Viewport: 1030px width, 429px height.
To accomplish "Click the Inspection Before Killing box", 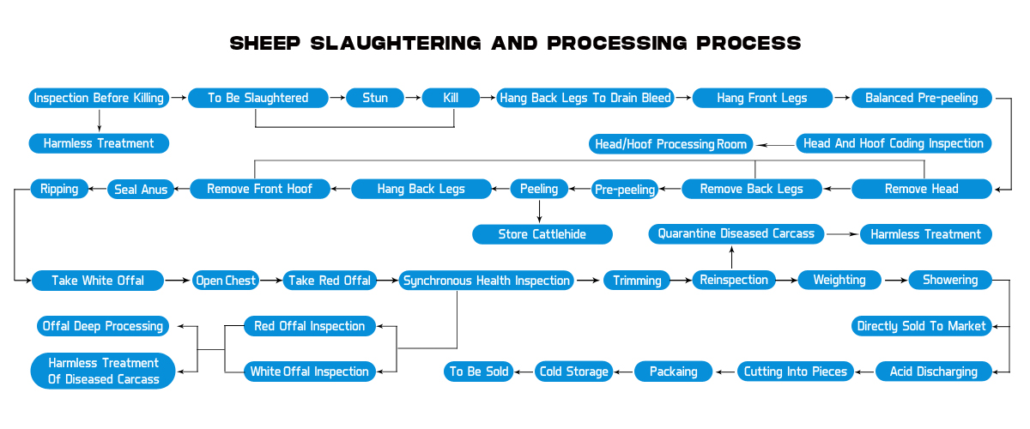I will click(x=99, y=98).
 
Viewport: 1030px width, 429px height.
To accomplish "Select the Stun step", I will click(x=375, y=98).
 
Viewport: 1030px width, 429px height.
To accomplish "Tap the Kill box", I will click(x=451, y=98).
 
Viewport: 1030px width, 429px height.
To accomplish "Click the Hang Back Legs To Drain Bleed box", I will click(x=585, y=98).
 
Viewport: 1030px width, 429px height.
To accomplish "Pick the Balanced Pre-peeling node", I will click(x=921, y=98).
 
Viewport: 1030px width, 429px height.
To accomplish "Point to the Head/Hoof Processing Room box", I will click(x=671, y=143).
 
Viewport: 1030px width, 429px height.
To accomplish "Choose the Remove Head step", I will click(x=921, y=189).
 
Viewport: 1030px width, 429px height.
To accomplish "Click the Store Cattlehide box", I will click(x=542, y=234).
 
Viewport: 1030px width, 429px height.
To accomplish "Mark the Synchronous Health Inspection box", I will click(x=487, y=280).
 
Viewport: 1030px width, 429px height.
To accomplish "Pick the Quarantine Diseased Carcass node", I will click(x=736, y=233).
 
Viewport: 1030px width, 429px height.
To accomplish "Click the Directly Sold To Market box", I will click(x=921, y=326).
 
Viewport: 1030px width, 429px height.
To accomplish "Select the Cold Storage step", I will click(x=573, y=372).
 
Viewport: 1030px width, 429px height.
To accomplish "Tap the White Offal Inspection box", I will click(x=309, y=372).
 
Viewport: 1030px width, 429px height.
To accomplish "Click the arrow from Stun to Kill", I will click(x=413, y=98).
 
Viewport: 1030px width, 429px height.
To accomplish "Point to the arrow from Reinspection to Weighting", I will click(x=787, y=280).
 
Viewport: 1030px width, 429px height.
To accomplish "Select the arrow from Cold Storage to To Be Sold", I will click(x=524, y=372).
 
